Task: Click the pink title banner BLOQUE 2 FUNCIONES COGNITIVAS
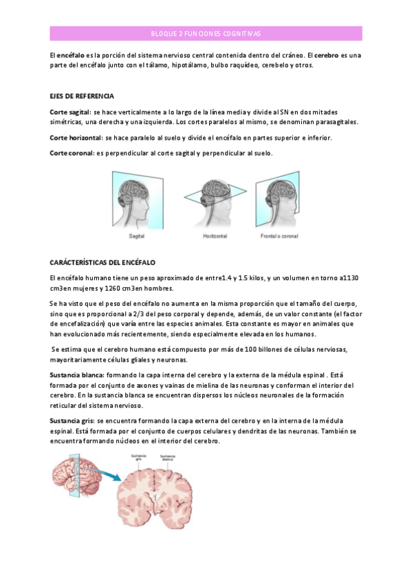[206, 34]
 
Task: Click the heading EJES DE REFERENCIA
[83, 95]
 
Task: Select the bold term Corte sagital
[71, 112]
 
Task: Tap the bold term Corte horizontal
[76, 138]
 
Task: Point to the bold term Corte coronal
[72, 153]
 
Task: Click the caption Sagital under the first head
[136, 236]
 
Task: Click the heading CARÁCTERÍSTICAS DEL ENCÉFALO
[103, 262]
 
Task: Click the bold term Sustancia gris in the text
[73, 420]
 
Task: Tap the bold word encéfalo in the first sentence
[71, 54]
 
